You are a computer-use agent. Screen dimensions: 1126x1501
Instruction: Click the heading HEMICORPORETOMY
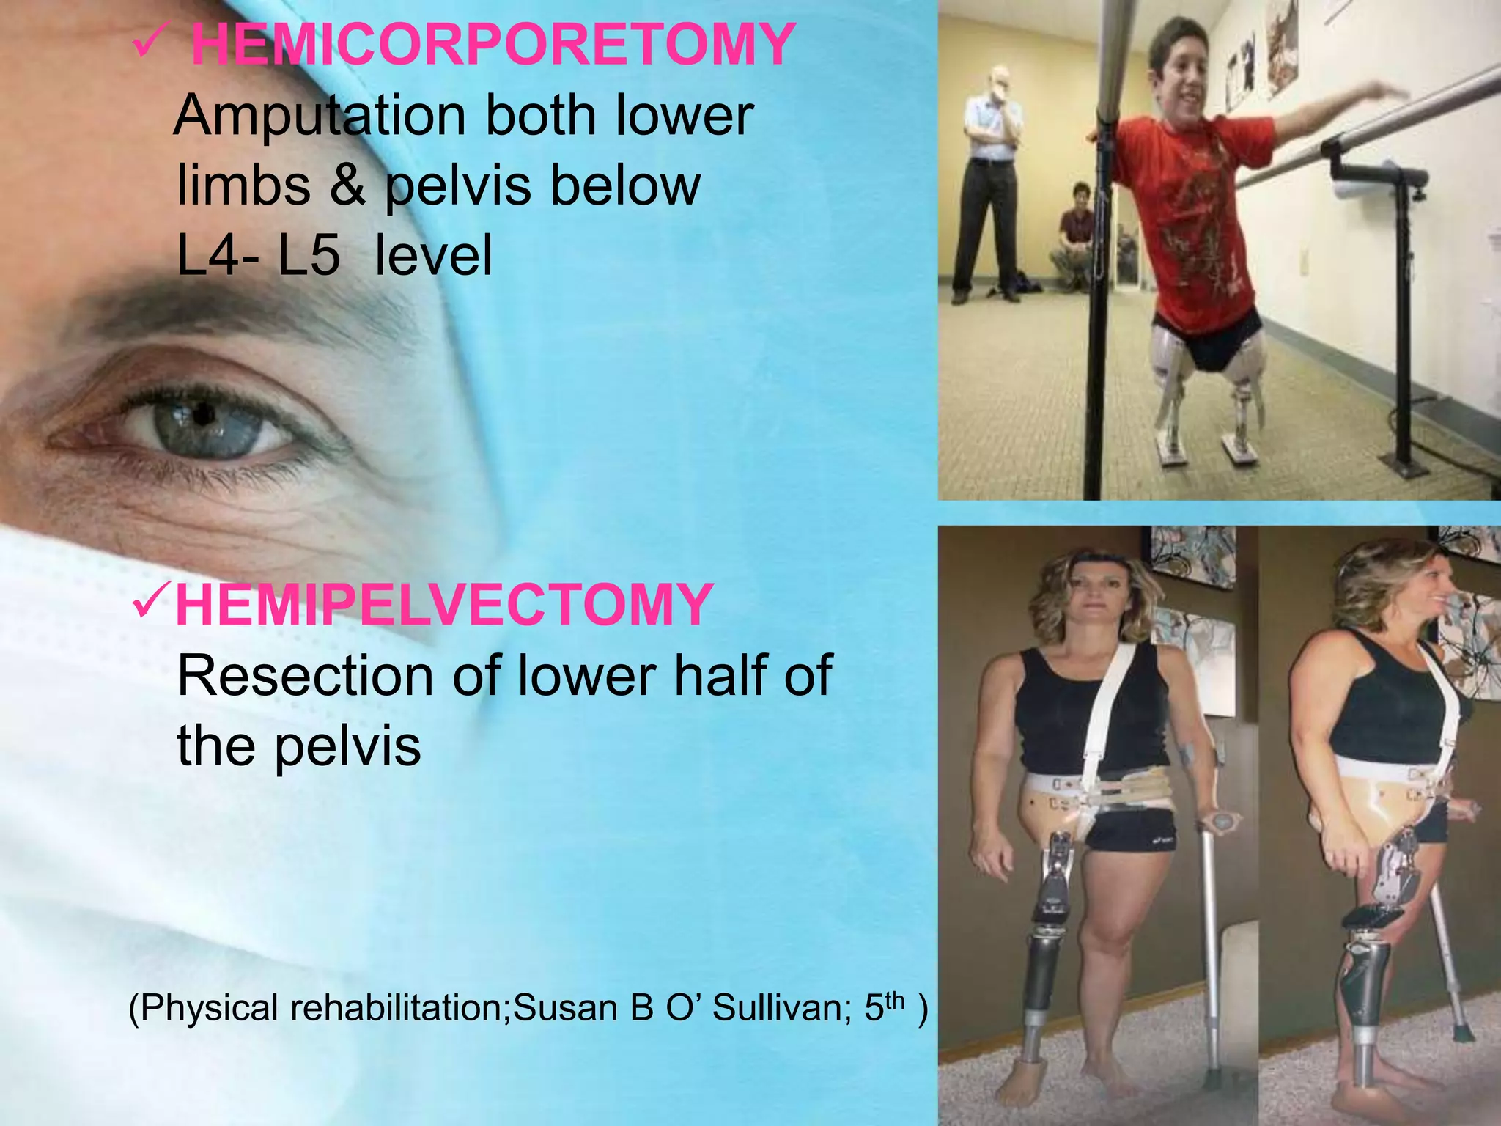point(493,45)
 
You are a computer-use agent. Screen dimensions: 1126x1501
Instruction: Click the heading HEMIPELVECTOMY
point(443,605)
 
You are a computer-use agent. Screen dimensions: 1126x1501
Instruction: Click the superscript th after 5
point(896,1000)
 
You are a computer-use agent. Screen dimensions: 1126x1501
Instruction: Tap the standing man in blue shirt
point(989,183)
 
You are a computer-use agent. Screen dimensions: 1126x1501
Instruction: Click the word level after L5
point(434,256)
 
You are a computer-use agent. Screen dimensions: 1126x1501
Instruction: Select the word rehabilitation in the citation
point(399,1008)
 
